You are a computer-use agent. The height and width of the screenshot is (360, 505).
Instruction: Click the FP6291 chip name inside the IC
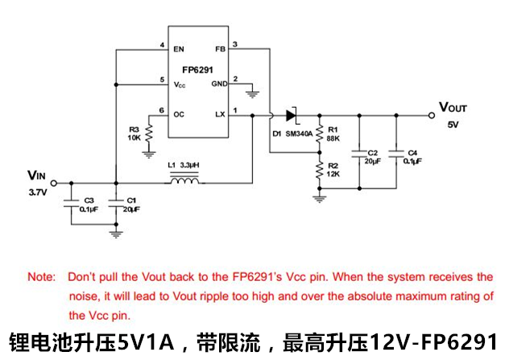coord(197,70)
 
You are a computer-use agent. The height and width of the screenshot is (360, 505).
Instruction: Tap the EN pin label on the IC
coord(178,49)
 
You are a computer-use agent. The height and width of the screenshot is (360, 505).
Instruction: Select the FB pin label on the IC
coord(219,49)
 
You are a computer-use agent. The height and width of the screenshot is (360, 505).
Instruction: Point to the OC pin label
coord(179,114)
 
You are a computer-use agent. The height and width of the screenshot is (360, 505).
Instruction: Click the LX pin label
coord(219,114)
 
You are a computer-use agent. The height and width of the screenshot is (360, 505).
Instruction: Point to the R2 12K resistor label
coord(333,171)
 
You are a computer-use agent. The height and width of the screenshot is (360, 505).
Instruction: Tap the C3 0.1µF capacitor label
coord(89,204)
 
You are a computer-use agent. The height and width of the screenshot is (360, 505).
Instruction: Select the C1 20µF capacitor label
coord(132,204)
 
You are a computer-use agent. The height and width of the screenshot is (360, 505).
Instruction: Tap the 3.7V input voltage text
coord(38,194)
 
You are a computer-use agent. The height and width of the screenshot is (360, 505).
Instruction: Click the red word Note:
coord(42,276)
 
